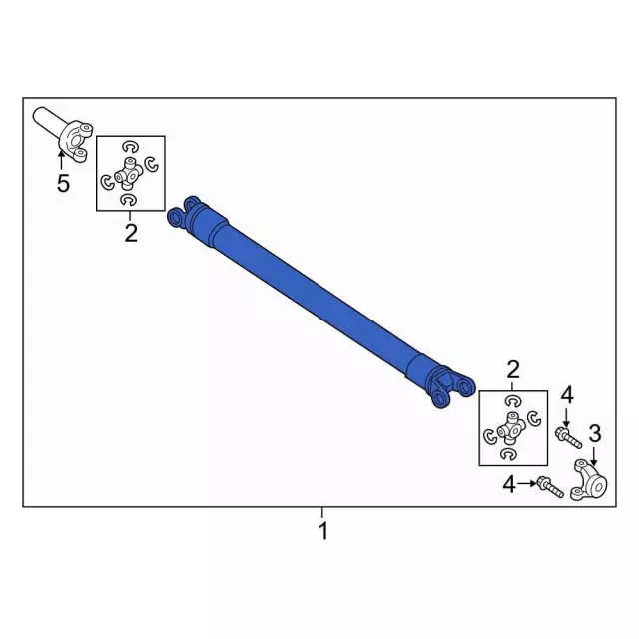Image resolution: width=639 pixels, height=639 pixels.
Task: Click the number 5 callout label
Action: [x=63, y=183]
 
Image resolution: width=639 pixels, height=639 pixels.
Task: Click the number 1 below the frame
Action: [x=323, y=531]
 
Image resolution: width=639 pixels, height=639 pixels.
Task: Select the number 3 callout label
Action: [x=595, y=433]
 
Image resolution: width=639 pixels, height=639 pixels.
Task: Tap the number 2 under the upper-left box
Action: [x=131, y=233]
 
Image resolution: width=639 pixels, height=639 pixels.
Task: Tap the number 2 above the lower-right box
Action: [x=513, y=370]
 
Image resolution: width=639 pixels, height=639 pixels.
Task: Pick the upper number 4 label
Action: [x=567, y=395]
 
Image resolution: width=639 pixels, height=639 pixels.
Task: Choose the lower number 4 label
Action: [x=509, y=484]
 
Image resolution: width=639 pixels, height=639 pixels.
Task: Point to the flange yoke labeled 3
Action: [x=590, y=480]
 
